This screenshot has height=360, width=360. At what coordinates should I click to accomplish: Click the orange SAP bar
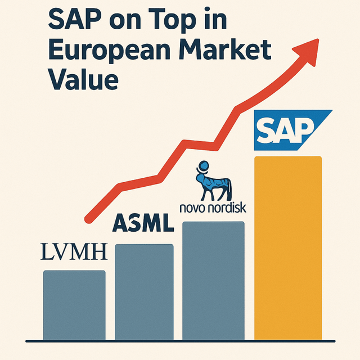tap(288, 247)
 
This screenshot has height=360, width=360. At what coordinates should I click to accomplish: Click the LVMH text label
tap(74, 252)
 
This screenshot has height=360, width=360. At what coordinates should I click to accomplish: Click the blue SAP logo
tap(290, 130)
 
